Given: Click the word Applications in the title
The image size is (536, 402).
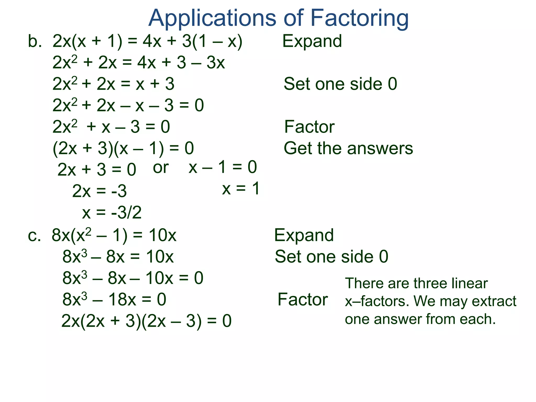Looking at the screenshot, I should (x=212, y=18).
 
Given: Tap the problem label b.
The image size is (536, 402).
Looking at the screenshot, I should (x=35, y=41).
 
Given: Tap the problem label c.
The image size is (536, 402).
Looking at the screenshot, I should (x=34, y=235).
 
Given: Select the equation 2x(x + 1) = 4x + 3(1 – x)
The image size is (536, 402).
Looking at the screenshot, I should (x=147, y=41).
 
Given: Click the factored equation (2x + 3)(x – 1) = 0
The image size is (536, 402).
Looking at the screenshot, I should (x=123, y=148).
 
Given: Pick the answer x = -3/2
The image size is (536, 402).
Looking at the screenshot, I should (x=112, y=213).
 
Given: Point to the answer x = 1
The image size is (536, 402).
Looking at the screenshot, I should (x=241, y=188).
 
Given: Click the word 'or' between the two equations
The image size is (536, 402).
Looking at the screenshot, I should (x=161, y=167).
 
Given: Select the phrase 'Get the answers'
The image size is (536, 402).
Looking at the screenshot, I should (x=348, y=148).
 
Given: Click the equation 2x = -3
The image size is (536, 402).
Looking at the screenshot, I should (x=99, y=191).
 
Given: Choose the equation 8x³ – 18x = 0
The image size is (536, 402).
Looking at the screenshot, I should (x=114, y=299).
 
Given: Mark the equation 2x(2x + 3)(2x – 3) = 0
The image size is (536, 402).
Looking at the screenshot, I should (x=146, y=321).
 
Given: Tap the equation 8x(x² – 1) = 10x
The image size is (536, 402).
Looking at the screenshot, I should (x=114, y=235).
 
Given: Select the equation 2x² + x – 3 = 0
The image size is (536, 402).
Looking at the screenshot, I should (x=111, y=127).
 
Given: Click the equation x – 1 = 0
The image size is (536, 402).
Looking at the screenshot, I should (x=223, y=167).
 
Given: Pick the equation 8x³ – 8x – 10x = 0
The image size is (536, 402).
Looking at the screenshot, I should (x=133, y=278).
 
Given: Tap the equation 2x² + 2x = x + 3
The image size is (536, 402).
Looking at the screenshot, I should (x=113, y=84).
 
